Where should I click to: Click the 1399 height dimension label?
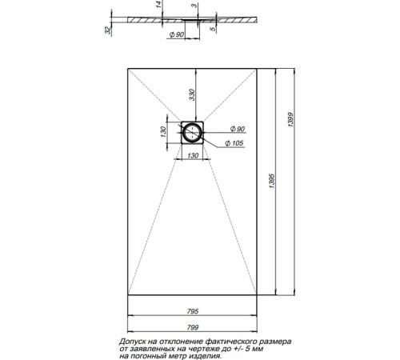point(290,119)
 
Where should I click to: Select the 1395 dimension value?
point(272,181)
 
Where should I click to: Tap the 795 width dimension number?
point(193,311)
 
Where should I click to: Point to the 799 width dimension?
point(193,327)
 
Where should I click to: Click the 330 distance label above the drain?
point(192,94)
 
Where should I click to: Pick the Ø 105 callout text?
point(234,143)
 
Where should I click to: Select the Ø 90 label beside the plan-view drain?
point(238,129)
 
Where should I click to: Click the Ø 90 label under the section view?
point(177,34)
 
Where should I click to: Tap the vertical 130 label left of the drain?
point(163,132)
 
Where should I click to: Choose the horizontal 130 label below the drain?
point(193,155)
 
